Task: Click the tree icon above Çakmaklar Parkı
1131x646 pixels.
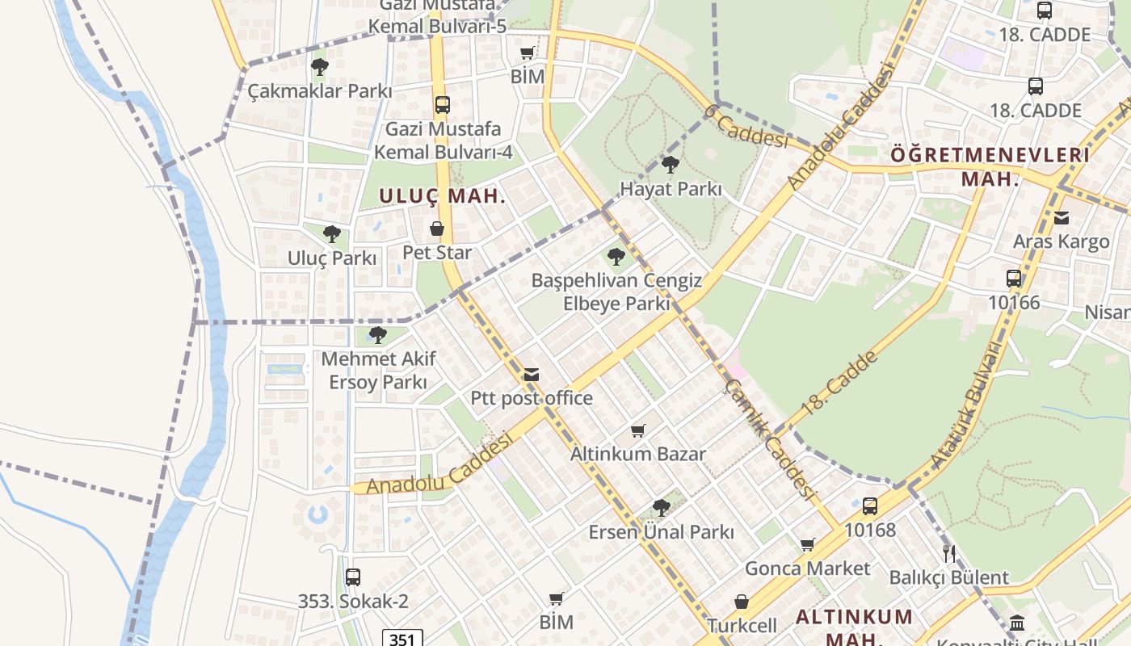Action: tap(320, 66)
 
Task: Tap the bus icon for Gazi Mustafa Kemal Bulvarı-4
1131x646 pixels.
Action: tap(442, 104)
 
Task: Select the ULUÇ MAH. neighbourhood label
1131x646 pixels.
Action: tap(442, 195)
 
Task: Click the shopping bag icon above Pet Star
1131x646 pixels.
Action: tap(437, 229)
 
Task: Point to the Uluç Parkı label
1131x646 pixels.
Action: tap(332, 258)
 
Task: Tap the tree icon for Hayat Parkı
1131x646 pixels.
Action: tap(670, 165)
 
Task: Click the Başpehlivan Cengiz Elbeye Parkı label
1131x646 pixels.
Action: tap(616, 292)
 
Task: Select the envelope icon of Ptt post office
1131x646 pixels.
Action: tap(531, 375)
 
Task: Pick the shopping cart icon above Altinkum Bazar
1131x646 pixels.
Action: tap(638, 430)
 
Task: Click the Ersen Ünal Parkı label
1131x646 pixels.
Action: tap(661, 532)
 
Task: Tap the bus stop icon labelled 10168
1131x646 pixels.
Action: tap(870, 506)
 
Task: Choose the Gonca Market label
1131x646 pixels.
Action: tap(807, 568)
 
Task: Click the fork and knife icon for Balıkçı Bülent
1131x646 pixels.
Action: tap(949, 554)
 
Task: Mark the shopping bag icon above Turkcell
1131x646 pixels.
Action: tap(742, 602)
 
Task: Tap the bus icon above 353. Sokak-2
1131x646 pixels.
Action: tap(353, 577)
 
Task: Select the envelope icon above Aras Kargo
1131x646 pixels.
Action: tap(1062, 217)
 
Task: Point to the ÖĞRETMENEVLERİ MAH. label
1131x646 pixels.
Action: tap(990, 166)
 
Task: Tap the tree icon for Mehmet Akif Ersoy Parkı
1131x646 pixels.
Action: tap(377, 334)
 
